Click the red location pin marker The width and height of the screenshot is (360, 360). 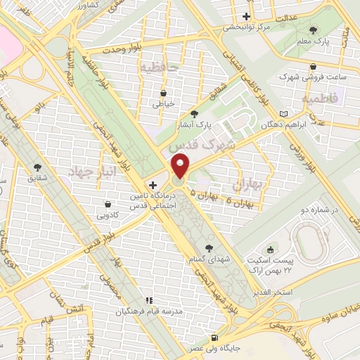pos(181,167)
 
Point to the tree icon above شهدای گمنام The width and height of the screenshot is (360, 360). pos(209,247)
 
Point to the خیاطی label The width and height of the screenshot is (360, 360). pos(163,104)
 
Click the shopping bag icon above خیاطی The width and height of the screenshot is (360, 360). pos(163,93)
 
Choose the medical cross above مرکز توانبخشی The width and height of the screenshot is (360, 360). pos(245,16)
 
